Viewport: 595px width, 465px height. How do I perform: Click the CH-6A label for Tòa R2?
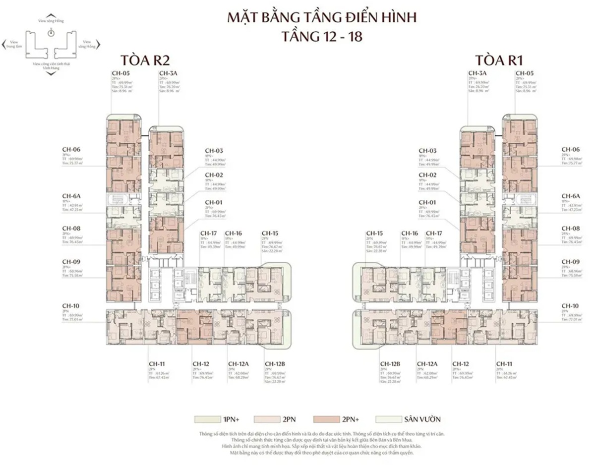(x=71, y=196)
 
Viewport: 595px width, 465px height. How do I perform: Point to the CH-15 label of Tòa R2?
(x=270, y=233)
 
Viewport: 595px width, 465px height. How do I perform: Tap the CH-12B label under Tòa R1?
(x=390, y=363)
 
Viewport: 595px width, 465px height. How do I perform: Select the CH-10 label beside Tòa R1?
(x=570, y=306)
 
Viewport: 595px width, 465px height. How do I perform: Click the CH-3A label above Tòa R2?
(x=166, y=73)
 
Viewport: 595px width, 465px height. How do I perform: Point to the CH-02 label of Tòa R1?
(x=427, y=175)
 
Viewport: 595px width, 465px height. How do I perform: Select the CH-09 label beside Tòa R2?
(x=71, y=261)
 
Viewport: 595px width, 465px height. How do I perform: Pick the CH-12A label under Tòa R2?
(x=238, y=363)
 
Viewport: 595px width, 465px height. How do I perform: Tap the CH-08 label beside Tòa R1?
(x=570, y=229)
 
